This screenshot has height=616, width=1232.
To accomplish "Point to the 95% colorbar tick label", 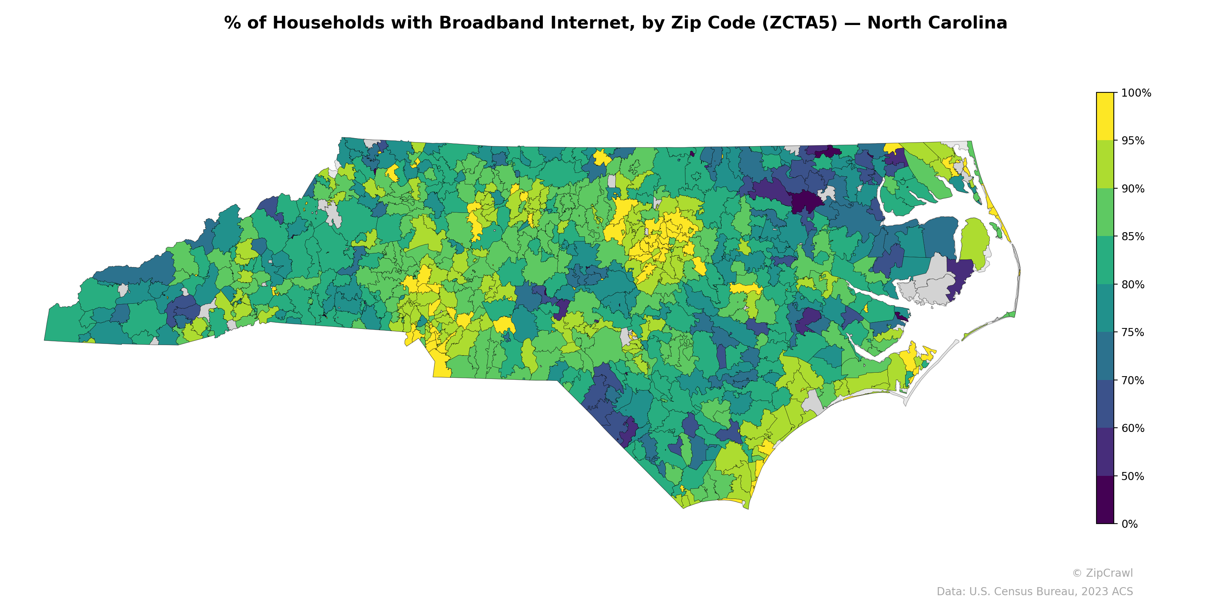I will coord(1133,141).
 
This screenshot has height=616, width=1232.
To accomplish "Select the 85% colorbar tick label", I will coord(1133,237).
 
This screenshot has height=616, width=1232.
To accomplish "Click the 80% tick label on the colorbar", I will coord(1133,285).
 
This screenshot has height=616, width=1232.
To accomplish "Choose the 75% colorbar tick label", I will coord(1133,332).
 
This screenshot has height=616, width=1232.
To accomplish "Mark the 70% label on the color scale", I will coord(1133,381).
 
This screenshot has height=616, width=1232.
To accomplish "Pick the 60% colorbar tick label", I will coord(1133,428).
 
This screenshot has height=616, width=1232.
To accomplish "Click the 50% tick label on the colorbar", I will coord(1133,476).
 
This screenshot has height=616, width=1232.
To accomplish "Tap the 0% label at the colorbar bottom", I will coord(1129,524).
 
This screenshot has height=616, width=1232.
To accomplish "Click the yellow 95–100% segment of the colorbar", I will coord(1105,116).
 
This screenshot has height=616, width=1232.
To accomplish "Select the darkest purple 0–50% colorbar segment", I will coord(1105,500).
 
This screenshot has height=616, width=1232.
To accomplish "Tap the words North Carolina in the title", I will coord(937,23).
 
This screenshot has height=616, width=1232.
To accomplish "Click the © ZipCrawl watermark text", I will coord(1102,573).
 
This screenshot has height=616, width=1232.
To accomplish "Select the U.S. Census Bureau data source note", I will coord(1034,592).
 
